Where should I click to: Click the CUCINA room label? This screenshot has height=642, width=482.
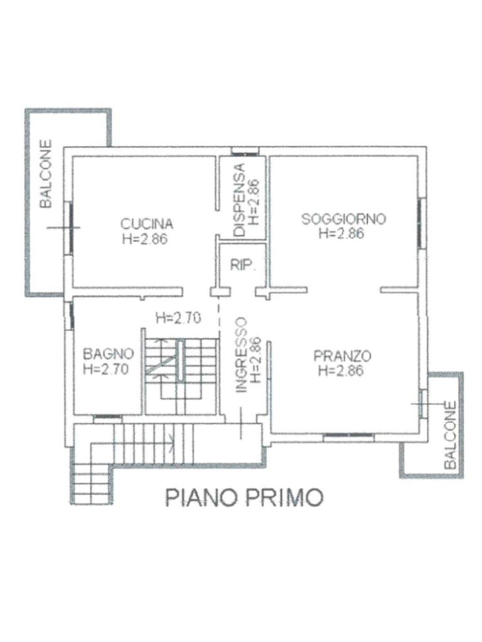[147, 224]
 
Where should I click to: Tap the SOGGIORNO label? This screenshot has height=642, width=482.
[343, 219]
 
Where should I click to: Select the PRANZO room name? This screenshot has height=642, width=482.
[342, 356]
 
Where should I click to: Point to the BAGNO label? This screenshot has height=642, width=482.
[108, 354]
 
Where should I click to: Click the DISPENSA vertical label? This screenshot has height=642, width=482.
[239, 200]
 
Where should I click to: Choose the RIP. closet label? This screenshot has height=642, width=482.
[243, 265]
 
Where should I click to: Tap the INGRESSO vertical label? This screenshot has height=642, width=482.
[242, 355]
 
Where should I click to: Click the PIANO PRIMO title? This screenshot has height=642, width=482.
[244, 497]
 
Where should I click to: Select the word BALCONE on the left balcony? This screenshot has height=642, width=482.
[46, 174]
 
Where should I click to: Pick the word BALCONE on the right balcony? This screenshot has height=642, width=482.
[450, 435]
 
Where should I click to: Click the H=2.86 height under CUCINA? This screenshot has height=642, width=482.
[145, 239]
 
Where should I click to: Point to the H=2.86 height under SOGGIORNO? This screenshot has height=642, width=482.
[341, 233]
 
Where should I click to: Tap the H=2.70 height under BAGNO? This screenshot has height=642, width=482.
[105, 369]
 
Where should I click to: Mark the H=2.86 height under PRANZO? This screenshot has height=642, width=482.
[341, 371]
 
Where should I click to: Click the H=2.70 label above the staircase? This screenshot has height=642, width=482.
[178, 318]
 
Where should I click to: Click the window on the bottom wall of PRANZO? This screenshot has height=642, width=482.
[348, 437]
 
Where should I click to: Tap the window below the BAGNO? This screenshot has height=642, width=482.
[107, 418]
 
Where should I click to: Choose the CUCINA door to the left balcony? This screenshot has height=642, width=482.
[70, 228]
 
